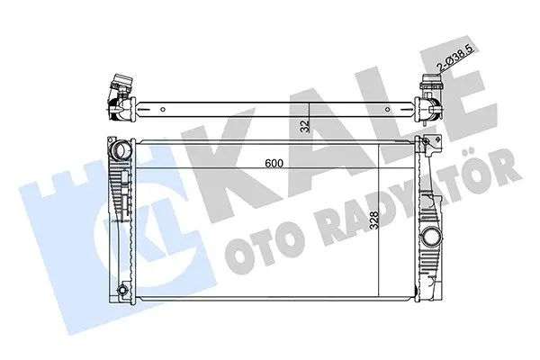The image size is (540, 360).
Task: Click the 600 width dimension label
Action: point(274,163)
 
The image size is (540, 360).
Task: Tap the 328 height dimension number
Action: point(373,220)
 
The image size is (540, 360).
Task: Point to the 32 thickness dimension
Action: point(304,126)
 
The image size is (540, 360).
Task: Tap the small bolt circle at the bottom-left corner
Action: point(121,290)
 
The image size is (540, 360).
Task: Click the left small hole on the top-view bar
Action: point(163,110)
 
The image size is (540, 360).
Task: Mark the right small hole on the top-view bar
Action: point(387,110)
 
